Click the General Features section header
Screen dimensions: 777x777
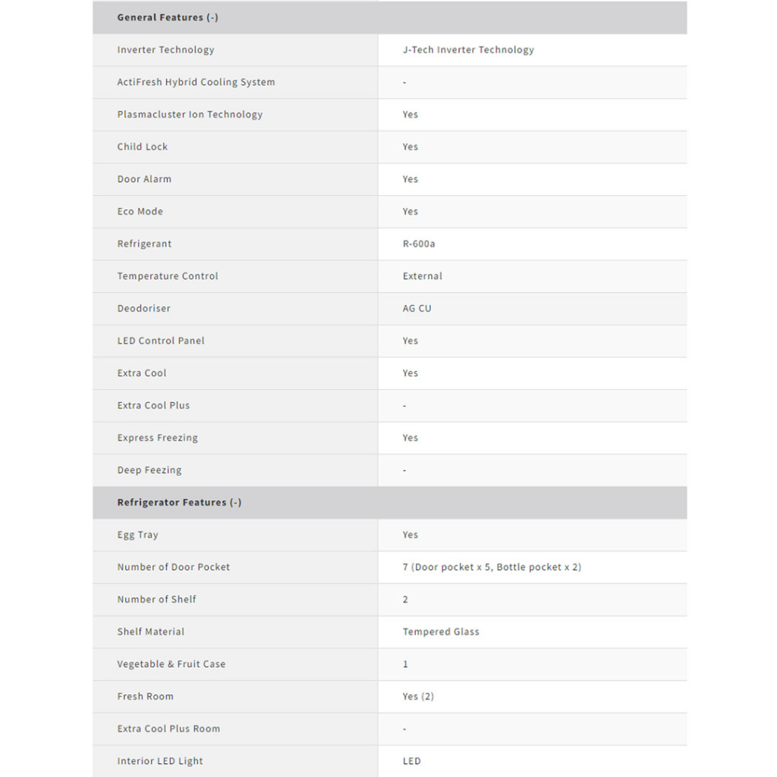(168, 17)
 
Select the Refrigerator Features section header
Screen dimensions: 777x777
(179, 502)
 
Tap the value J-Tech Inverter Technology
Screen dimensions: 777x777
(468, 50)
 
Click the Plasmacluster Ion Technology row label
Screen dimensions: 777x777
(190, 115)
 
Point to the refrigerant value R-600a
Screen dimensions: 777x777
(419, 244)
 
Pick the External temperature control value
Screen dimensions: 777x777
(423, 276)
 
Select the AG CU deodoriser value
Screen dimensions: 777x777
(417, 309)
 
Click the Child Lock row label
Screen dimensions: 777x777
(143, 147)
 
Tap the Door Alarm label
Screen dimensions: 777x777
(144, 179)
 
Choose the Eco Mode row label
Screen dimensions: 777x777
(140, 212)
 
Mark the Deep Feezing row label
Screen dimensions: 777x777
(149, 470)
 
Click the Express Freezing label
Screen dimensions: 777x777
(157, 438)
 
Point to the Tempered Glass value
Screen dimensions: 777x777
(441, 631)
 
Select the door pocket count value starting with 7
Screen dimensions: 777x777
(492, 567)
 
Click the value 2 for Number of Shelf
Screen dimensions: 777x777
(405, 599)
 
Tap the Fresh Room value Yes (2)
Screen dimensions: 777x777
(418, 697)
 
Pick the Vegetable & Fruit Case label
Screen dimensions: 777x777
(171, 664)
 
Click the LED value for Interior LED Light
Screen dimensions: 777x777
(412, 761)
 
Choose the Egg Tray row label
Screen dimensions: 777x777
(138, 535)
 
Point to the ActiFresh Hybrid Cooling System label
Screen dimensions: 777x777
(196, 82)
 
